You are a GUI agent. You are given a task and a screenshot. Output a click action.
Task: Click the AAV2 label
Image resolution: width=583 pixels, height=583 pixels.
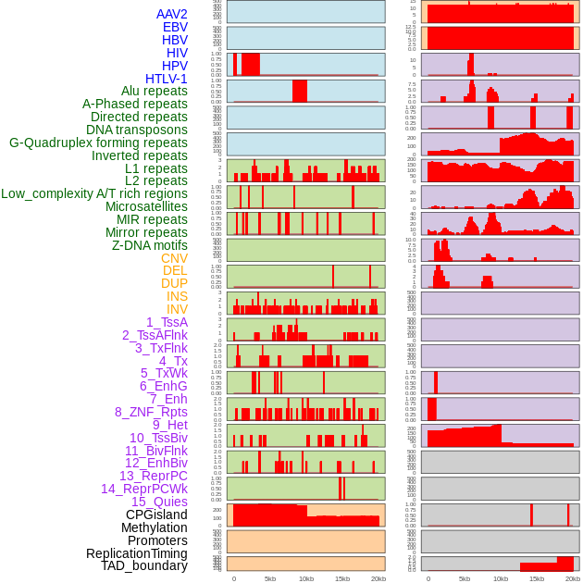point(172,14)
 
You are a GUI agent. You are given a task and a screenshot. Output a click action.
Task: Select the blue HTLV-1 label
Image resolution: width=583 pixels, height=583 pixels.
point(167,79)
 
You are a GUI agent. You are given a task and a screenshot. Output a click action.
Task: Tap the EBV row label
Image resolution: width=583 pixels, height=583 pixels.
point(175,27)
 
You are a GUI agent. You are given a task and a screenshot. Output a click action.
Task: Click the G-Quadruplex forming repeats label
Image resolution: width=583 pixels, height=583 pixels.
point(98,143)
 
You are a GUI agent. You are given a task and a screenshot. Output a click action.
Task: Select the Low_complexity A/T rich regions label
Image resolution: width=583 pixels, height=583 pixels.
point(94,193)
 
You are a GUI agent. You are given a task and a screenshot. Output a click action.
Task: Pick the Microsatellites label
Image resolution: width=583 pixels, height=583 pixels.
point(146,206)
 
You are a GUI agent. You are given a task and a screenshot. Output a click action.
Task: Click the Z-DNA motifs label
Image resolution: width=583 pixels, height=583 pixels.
point(150,245)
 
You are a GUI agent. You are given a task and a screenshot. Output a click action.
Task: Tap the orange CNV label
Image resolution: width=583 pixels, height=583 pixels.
point(174,258)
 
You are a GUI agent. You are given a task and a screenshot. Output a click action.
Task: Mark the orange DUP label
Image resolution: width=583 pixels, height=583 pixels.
point(174,283)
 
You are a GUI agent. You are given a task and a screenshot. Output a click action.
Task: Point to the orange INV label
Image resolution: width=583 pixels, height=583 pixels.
point(177,309)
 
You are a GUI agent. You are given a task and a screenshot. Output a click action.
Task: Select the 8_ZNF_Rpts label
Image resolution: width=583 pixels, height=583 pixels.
point(151,412)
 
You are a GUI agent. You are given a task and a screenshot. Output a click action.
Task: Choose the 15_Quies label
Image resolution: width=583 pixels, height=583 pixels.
point(159,502)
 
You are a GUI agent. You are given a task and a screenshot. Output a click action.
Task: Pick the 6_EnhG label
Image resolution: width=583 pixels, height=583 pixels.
point(164,386)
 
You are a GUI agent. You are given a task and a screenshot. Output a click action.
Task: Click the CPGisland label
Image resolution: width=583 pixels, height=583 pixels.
point(156,515)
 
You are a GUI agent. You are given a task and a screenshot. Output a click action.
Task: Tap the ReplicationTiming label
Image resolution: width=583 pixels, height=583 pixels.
point(136,553)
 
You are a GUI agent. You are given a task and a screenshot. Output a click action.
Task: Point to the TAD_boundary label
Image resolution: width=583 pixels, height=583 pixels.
point(144,565)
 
